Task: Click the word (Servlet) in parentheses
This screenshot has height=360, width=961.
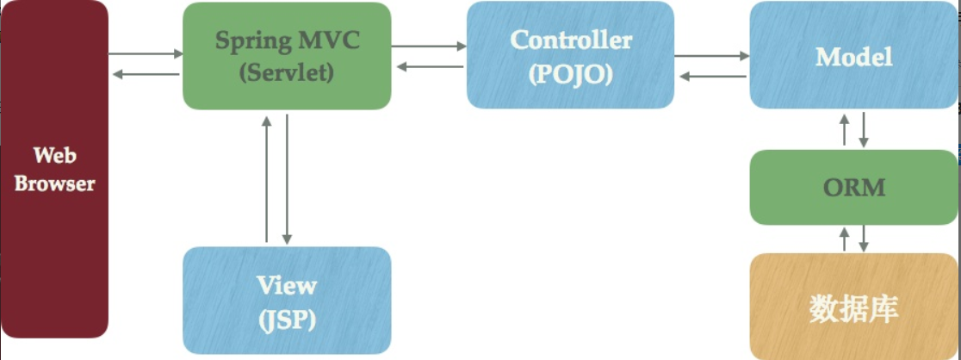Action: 286,73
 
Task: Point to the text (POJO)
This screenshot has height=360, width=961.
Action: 571,74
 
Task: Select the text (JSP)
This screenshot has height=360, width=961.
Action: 287,320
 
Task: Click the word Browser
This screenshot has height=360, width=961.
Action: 55,183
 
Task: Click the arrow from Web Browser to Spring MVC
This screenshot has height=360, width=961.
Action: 147,53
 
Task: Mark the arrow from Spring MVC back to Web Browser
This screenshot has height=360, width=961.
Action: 147,74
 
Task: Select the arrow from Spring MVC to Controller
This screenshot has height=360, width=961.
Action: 429,47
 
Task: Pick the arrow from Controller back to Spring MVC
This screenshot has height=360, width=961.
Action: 429,67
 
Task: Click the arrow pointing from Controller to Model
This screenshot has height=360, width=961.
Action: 711,56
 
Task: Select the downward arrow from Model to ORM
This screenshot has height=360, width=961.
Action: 864,128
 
